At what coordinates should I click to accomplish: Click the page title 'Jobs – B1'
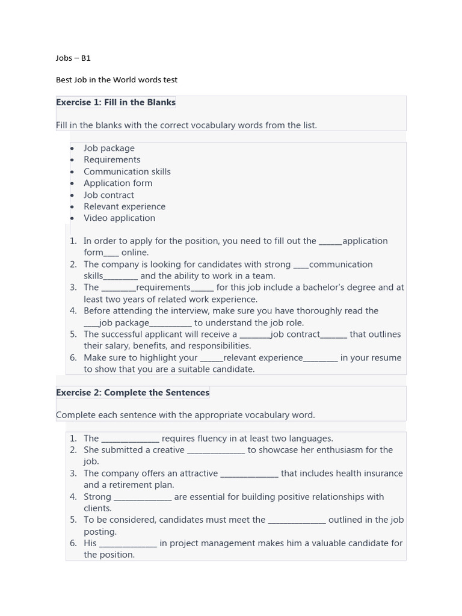point(73,58)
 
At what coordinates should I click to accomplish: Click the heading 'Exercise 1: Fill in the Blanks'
point(115,102)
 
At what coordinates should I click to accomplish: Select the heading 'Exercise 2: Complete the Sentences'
point(132,392)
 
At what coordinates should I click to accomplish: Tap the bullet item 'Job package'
point(109,148)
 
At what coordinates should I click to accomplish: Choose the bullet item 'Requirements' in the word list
point(112,159)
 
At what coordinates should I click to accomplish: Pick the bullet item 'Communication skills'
point(127,171)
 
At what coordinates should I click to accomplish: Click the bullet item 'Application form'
point(118,183)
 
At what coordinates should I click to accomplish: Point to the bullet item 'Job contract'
point(109,195)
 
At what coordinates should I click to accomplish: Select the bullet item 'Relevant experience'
point(125,206)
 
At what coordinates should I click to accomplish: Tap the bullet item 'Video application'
point(119,218)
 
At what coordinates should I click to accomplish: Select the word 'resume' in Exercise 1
point(386,358)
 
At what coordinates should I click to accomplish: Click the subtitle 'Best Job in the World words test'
point(117,79)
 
